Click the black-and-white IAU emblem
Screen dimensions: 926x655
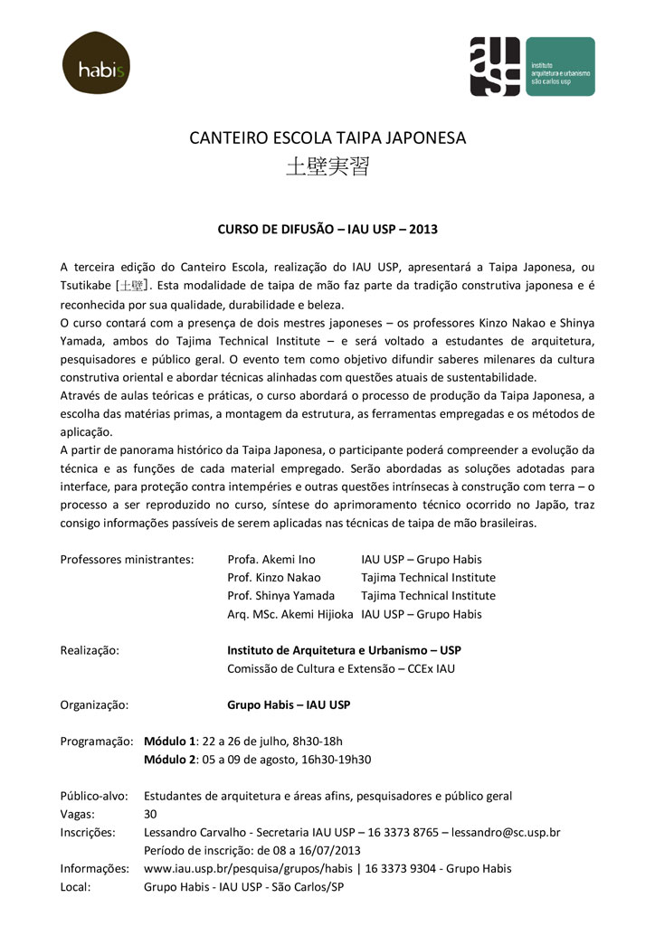click(494, 66)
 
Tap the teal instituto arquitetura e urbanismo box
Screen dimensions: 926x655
click(558, 66)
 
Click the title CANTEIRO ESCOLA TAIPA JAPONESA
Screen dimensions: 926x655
click(327, 138)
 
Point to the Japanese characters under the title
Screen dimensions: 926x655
click(327, 167)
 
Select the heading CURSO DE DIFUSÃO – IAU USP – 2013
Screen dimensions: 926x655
click(327, 229)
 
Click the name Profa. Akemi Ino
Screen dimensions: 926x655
click(271, 559)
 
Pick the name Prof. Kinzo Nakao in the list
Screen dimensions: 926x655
click(274, 577)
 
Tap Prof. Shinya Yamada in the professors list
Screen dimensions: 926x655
click(281, 595)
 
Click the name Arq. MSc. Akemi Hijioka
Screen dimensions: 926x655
click(290, 614)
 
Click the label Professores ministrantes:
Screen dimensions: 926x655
click(127, 559)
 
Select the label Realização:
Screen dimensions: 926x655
click(90, 650)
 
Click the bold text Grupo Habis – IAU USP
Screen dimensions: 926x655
click(289, 704)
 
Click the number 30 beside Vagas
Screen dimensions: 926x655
click(150, 814)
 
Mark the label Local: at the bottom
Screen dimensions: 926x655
click(76, 886)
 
